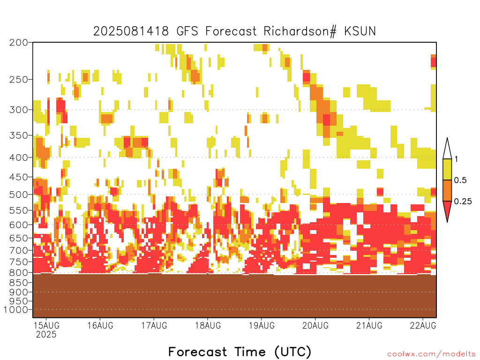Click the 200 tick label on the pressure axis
tap(18, 43)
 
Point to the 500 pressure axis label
tap(18, 195)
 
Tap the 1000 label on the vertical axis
tap(15, 310)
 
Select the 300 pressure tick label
tap(18, 110)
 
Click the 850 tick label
tap(18, 283)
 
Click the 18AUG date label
tap(208, 325)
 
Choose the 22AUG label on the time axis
tap(423, 325)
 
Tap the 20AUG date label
tap(315, 325)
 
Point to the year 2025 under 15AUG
tap(46, 335)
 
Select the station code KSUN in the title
tap(360, 31)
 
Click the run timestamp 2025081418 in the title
tap(131, 31)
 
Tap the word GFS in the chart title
tap(187, 31)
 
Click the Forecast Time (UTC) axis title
tap(240, 352)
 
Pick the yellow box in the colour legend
tap(447, 170)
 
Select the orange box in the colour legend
tap(447, 191)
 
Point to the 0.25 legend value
tap(463, 202)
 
